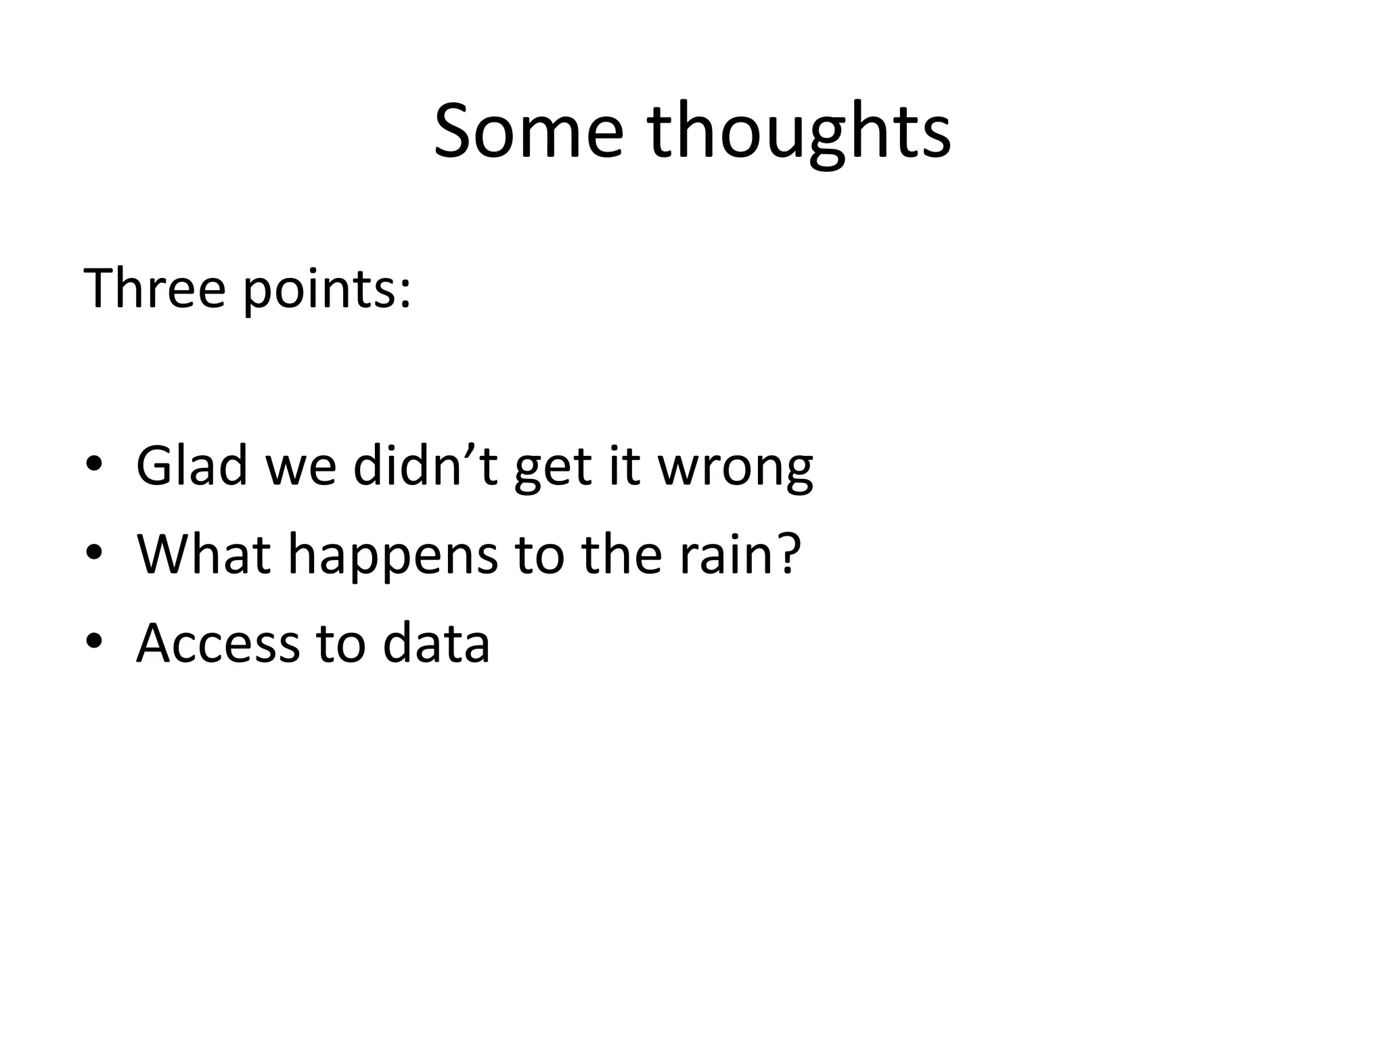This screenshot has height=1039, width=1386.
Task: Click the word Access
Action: tap(218, 643)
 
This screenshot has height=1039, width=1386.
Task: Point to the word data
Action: tap(436, 643)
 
